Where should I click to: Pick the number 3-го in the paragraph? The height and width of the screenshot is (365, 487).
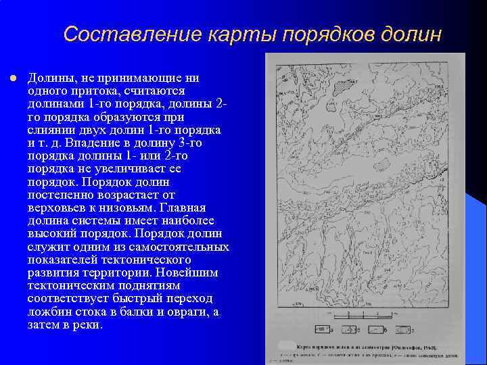(x=189, y=143)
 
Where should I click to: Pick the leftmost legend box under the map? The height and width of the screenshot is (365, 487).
(x=323, y=331)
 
